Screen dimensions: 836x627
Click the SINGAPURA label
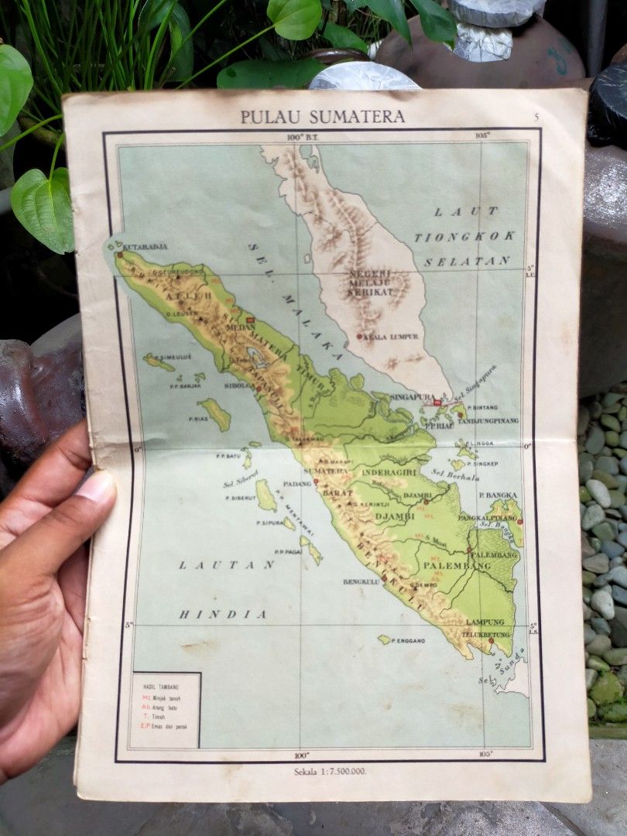pyautogui.click(x=409, y=396)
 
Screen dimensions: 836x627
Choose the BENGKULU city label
pyautogui.click(x=360, y=581)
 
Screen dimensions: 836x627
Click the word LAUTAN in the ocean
pyautogui.click(x=227, y=565)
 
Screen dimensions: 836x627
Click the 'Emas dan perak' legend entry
pyautogui.click(x=170, y=727)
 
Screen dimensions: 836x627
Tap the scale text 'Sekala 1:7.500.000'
pyautogui.click(x=330, y=771)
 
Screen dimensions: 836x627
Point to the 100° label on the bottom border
pyautogui.click(x=301, y=755)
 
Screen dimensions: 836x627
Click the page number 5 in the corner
pyautogui.click(x=536, y=116)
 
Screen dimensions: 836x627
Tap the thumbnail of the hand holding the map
pyautogui.click(x=46, y=588)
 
